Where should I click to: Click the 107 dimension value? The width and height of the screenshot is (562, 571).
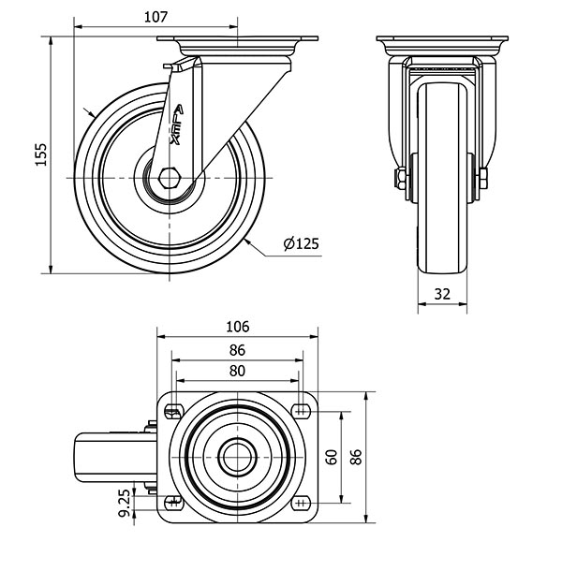click(x=155, y=17)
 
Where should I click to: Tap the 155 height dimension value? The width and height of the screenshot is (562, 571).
click(x=41, y=154)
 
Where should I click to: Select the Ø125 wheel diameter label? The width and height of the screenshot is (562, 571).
click(x=301, y=243)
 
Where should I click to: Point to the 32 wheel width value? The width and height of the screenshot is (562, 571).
click(x=442, y=294)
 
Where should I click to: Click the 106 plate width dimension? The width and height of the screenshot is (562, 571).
click(x=238, y=327)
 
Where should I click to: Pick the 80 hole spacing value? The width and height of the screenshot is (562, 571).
click(x=237, y=371)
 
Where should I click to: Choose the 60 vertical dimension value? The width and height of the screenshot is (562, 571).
click(x=332, y=457)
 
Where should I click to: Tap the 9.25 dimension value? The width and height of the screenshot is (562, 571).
click(x=125, y=503)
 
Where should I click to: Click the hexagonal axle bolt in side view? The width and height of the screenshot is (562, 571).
click(x=170, y=178)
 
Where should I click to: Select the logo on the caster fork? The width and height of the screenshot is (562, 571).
click(x=177, y=124)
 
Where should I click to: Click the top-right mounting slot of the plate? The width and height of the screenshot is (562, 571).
click(x=301, y=412)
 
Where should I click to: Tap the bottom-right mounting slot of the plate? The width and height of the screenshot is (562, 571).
click(x=301, y=504)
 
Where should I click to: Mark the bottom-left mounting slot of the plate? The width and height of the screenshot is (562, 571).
click(x=174, y=504)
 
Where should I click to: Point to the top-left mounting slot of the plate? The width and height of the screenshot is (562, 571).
click(x=174, y=412)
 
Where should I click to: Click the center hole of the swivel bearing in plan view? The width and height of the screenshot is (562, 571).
click(x=237, y=458)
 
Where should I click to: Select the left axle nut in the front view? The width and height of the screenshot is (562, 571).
click(x=401, y=179)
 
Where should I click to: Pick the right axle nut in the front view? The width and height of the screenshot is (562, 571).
click(x=483, y=179)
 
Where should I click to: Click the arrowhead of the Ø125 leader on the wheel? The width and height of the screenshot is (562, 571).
click(x=248, y=242)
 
